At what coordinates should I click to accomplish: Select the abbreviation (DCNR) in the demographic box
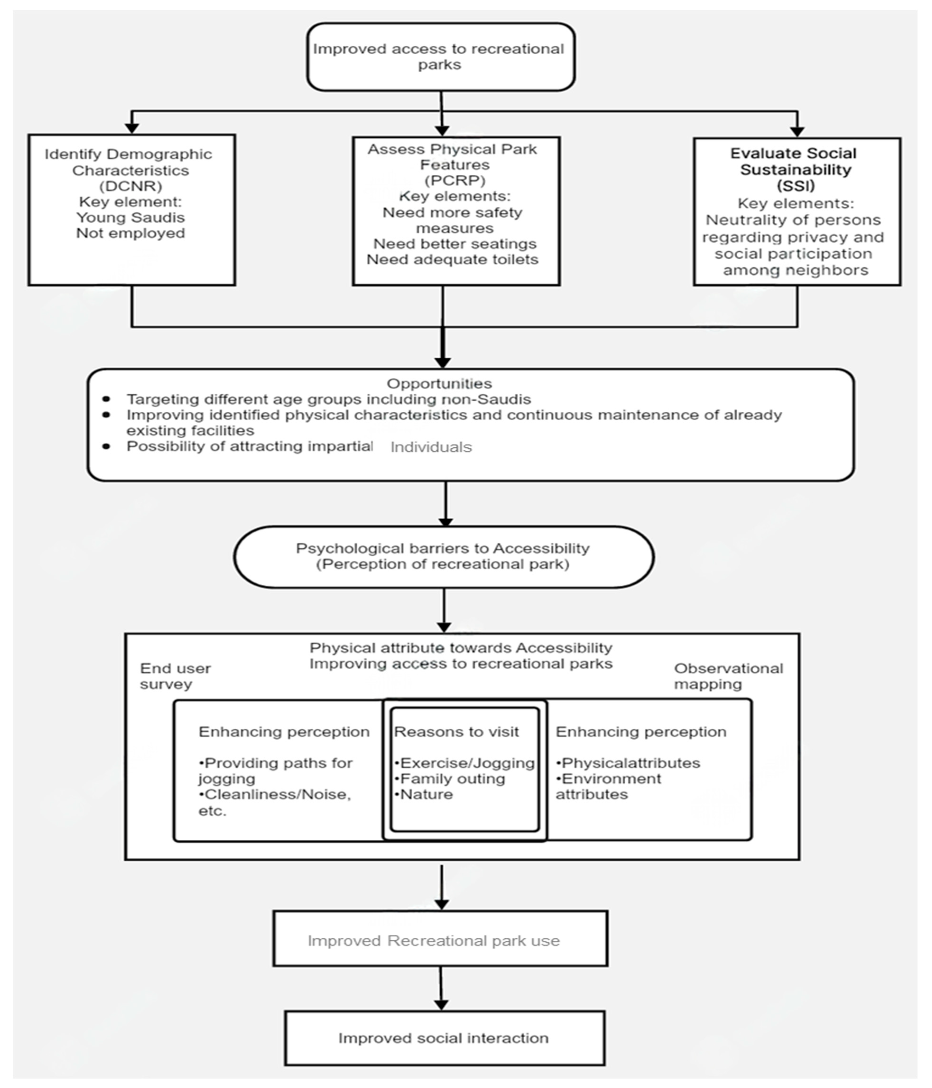pos(131,186)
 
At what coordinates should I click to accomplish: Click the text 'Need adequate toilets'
pos(452,259)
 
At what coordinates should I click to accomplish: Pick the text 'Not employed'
pos(131,233)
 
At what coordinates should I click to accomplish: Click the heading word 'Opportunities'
pos(439,383)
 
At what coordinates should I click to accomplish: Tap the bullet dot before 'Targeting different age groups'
pos(106,399)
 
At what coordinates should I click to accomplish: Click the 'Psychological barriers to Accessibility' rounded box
pos(443,557)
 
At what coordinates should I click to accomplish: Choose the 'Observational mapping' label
pos(728,676)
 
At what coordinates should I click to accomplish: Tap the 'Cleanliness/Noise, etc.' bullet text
pos(274,802)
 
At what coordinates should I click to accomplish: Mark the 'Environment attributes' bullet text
pos(609,787)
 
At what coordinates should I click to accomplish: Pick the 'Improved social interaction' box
pos(444,1038)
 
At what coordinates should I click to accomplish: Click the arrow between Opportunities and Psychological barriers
pos(446,504)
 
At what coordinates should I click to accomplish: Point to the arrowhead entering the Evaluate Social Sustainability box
pos(797,131)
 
